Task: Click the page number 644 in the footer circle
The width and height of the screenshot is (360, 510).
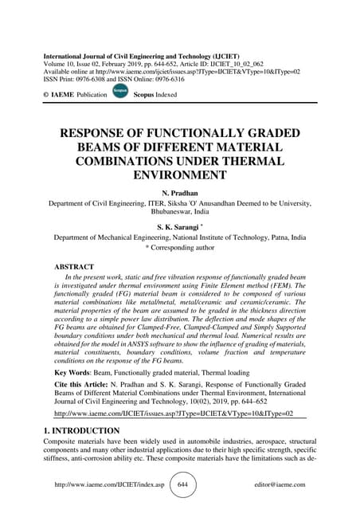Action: pyautogui.click(x=182, y=484)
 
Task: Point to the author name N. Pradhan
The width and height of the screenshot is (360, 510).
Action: pyautogui.click(x=180, y=193)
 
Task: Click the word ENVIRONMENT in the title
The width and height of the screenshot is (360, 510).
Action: pyautogui.click(x=180, y=175)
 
